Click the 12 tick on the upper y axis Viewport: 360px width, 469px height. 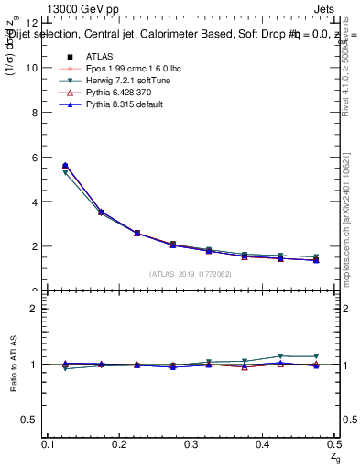coord(32,23)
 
